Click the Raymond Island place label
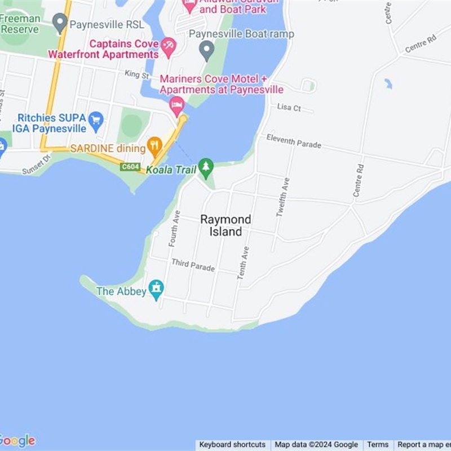225,225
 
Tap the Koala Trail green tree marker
206,166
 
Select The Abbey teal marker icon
156,289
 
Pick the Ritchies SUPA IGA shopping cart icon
96,120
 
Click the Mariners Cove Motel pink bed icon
178,105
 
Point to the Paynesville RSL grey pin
60,23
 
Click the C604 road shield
130,167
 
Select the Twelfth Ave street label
283,197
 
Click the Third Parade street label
193,264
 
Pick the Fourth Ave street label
175,228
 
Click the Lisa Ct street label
289,107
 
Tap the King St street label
137,74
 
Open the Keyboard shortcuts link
232,445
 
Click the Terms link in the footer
378,445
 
